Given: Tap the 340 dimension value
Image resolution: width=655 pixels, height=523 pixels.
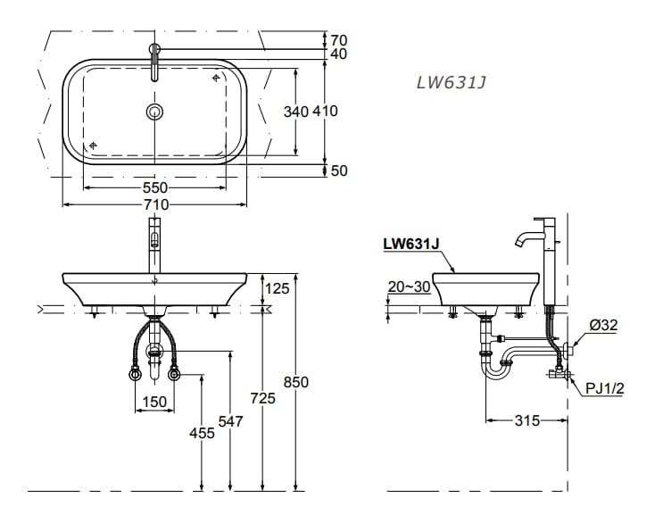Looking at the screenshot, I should pos(295,112).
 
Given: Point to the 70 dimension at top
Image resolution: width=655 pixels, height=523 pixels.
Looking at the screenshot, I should pos(338,40).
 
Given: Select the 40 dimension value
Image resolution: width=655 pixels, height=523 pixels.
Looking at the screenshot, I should pos(338,54).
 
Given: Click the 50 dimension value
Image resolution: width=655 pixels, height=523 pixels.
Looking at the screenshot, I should pos(338,170).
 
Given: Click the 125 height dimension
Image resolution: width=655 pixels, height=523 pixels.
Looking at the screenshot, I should pos(278,288).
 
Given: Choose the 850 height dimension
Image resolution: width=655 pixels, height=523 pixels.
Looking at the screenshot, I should pos(295,382).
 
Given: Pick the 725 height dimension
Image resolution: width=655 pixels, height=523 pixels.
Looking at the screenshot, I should pos(263,400).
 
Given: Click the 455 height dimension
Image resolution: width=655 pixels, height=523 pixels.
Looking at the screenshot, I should pos(202,433).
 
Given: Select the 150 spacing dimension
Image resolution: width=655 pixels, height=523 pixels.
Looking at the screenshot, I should pos(154,403).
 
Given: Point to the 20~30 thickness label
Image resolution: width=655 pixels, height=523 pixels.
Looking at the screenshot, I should pos(409,286).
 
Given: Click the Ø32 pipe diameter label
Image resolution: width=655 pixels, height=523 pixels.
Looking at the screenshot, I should pos(603,326).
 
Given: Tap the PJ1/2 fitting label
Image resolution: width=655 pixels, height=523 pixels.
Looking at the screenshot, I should pos(605,388).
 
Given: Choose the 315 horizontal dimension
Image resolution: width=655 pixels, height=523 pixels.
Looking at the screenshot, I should pos(526,420).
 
